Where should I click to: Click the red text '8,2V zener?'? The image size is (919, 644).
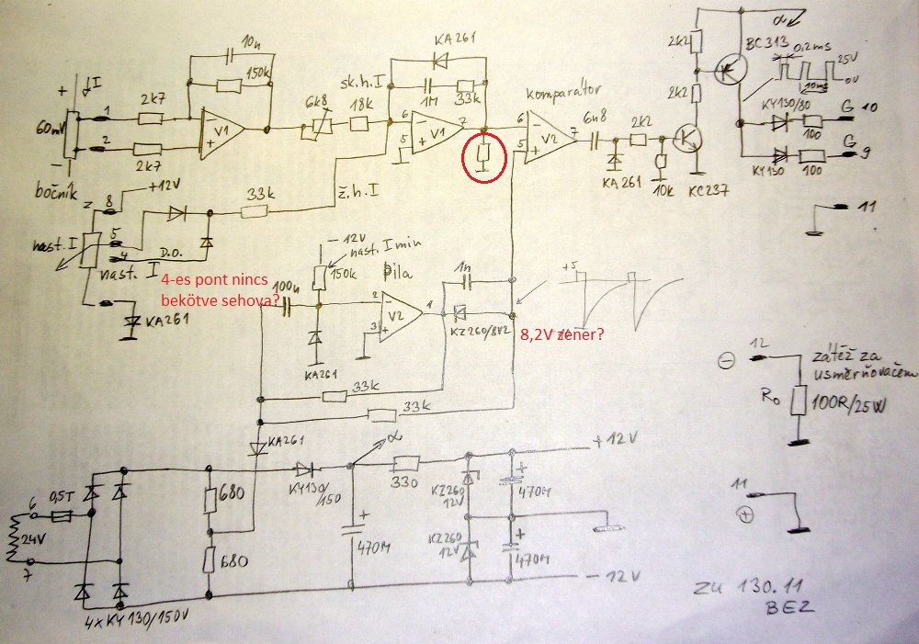(x=559, y=336)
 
